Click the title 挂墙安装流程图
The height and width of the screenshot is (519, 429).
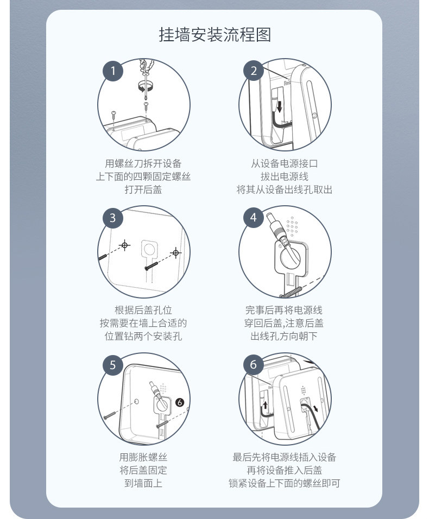(215, 34)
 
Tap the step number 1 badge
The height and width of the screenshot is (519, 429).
(113, 71)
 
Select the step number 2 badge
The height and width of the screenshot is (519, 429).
(254, 71)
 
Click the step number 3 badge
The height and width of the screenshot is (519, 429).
(113, 218)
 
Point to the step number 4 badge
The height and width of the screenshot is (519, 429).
(254, 218)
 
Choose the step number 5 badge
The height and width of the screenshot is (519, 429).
(113, 365)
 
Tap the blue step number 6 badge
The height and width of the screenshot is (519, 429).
(254, 364)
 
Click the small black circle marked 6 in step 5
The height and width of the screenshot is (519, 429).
(179, 402)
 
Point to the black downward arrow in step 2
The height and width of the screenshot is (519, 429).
(280, 106)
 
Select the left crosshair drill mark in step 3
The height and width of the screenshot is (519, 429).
(124, 245)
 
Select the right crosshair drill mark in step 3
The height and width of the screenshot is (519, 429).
(176, 253)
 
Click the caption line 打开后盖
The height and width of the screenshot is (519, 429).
(143, 189)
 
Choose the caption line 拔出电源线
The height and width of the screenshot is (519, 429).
(285, 176)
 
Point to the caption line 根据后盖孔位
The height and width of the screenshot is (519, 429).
(143, 310)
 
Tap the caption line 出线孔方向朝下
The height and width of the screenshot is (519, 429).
(284, 336)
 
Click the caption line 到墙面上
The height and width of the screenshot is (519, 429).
(143, 483)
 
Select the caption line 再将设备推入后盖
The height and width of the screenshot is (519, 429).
(285, 470)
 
